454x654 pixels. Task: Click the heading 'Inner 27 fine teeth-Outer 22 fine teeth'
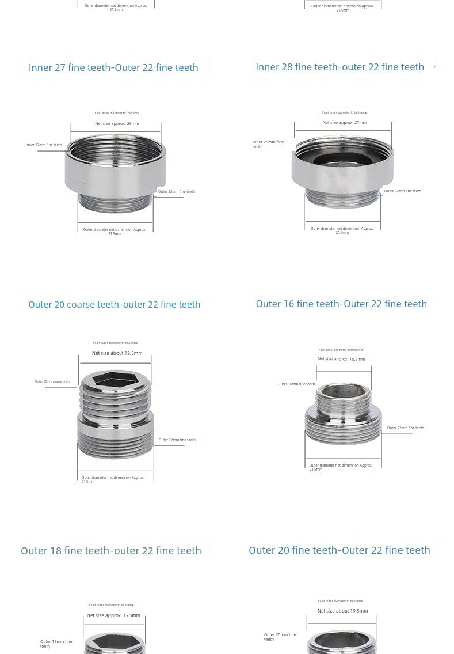[x=113, y=67]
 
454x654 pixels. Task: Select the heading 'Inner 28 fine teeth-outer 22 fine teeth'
[x=339, y=67]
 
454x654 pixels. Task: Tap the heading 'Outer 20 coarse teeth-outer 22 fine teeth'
[x=114, y=304]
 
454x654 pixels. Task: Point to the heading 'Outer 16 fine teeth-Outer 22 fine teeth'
[x=341, y=304]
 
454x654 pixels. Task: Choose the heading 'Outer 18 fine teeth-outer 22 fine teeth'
[x=111, y=551]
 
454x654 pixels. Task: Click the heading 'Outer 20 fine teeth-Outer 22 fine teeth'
[x=339, y=550]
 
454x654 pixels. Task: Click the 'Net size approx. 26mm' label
[x=117, y=123]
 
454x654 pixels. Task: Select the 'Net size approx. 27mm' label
[x=344, y=122]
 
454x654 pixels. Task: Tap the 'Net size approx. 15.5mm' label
[x=341, y=359]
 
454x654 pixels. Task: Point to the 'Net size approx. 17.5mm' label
[x=113, y=615]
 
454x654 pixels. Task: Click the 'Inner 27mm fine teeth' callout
[x=44, y=145]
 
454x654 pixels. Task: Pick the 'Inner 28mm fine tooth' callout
[x=268, y=144]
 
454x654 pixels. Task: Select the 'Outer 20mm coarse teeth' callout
[x=52, y=381]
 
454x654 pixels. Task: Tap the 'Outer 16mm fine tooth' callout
[x=296, y=384]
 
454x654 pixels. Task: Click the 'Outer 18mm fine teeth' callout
[x=56, y=644]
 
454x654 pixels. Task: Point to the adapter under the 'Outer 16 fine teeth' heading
[x=343, y=415]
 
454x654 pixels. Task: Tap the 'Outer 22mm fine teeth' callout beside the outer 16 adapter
[x=405, y=428]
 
